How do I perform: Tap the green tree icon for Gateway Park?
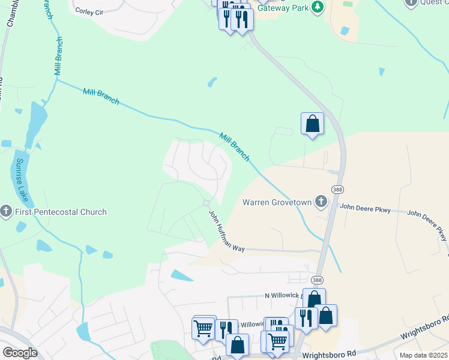pyautogui.click(x=317, y=7)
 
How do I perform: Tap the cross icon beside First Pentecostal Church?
pyautogui.click(x=6, y=211)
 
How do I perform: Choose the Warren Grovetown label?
pyautogui.click(x=277, y=202)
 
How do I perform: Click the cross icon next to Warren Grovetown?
pyautogui.click(x=321, y=202)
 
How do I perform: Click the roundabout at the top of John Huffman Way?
pyautogui.click(x=207, y=203)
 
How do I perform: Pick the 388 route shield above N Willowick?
pyautogui.click(x=318, y=280)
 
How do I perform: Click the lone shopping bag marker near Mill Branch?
pyautogui.click(x=312, y=124)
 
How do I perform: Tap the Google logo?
pyautogui.click(x=20, y=353)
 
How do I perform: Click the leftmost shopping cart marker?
pyautogui.click(x=204, y=328)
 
